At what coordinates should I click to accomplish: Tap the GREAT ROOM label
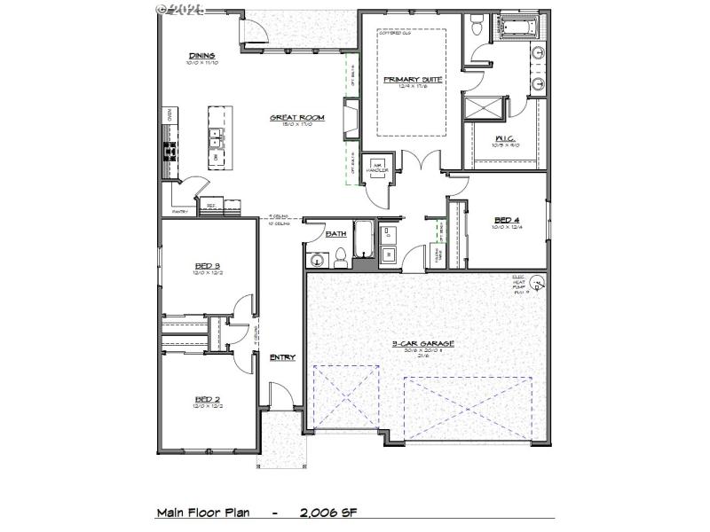point(297,117)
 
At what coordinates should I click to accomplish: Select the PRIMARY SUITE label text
point(412,79)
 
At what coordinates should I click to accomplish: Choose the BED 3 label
point(207,265)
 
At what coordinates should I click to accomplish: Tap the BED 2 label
point(207,400)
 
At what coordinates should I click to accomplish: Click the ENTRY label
point(282,357)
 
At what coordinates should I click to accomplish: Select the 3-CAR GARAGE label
point(423,343)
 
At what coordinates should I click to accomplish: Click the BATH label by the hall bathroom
point(336,234)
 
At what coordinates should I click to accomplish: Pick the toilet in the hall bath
point(339,257)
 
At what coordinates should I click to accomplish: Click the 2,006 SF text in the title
point(328,512)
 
